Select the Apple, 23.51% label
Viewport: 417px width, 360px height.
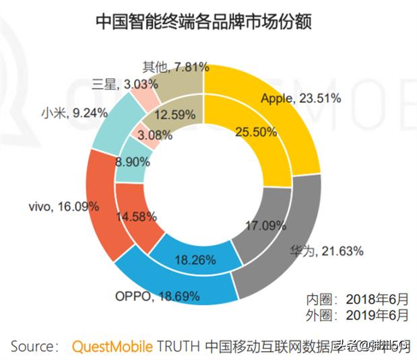pos(300,98)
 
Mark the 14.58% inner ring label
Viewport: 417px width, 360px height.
pos(135,217)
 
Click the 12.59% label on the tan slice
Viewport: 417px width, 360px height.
pos(174,114)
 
